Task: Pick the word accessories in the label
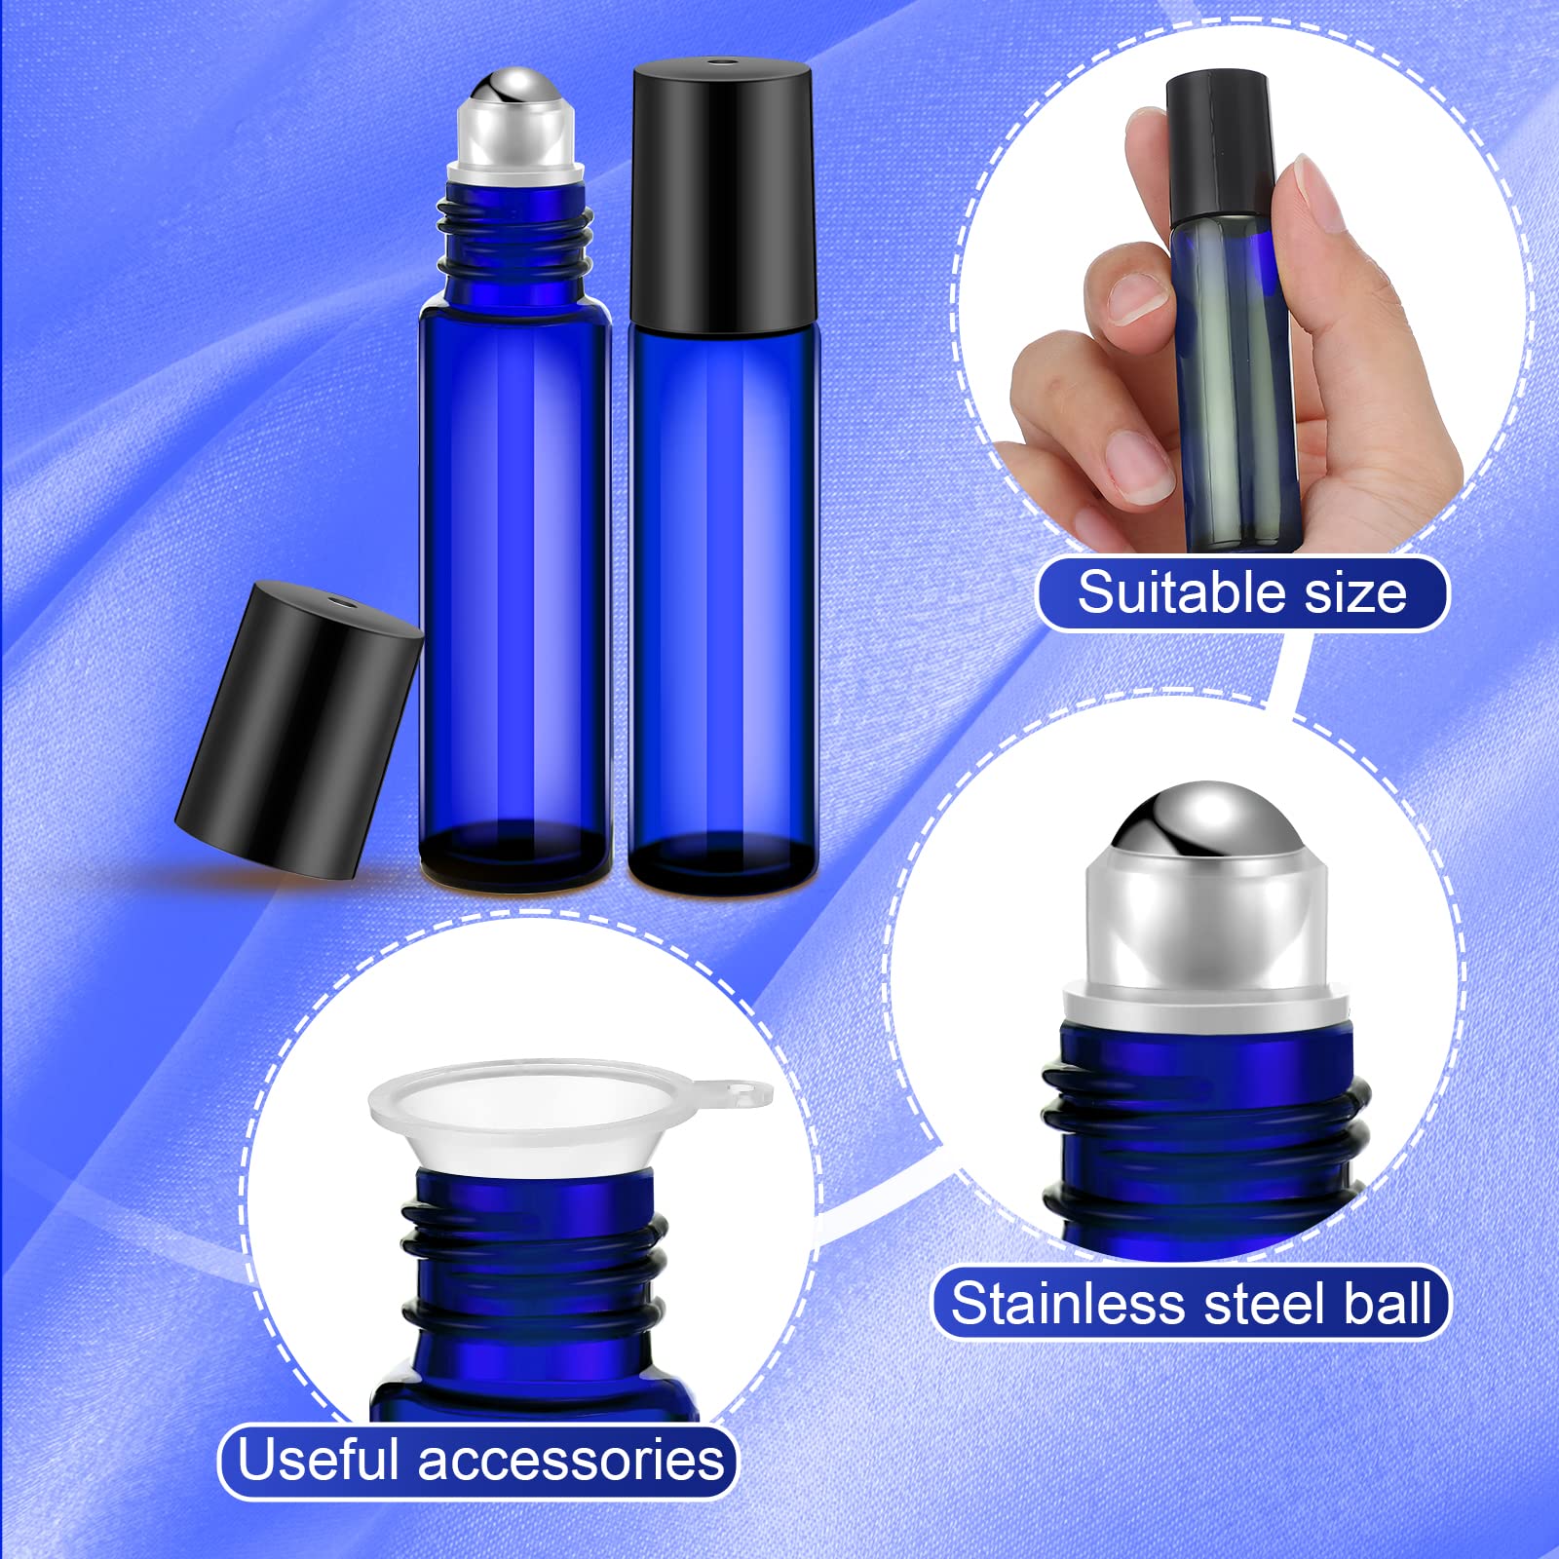pyautogui.click(x=571, y=1461)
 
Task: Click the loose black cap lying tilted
pyautogui.click(x=297, y=731)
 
